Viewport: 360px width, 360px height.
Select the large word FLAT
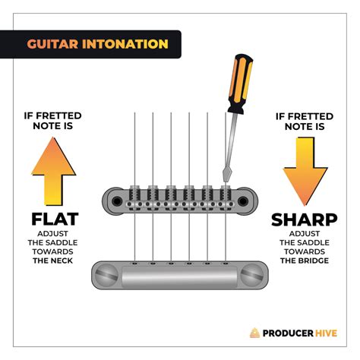tap(55, 220)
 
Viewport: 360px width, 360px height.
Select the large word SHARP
tap(304, 220)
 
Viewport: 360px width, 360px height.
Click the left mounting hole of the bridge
tap(116, 201)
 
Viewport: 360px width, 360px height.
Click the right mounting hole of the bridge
tap(245, 201)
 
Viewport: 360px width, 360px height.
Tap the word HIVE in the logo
tap(332, 332)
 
